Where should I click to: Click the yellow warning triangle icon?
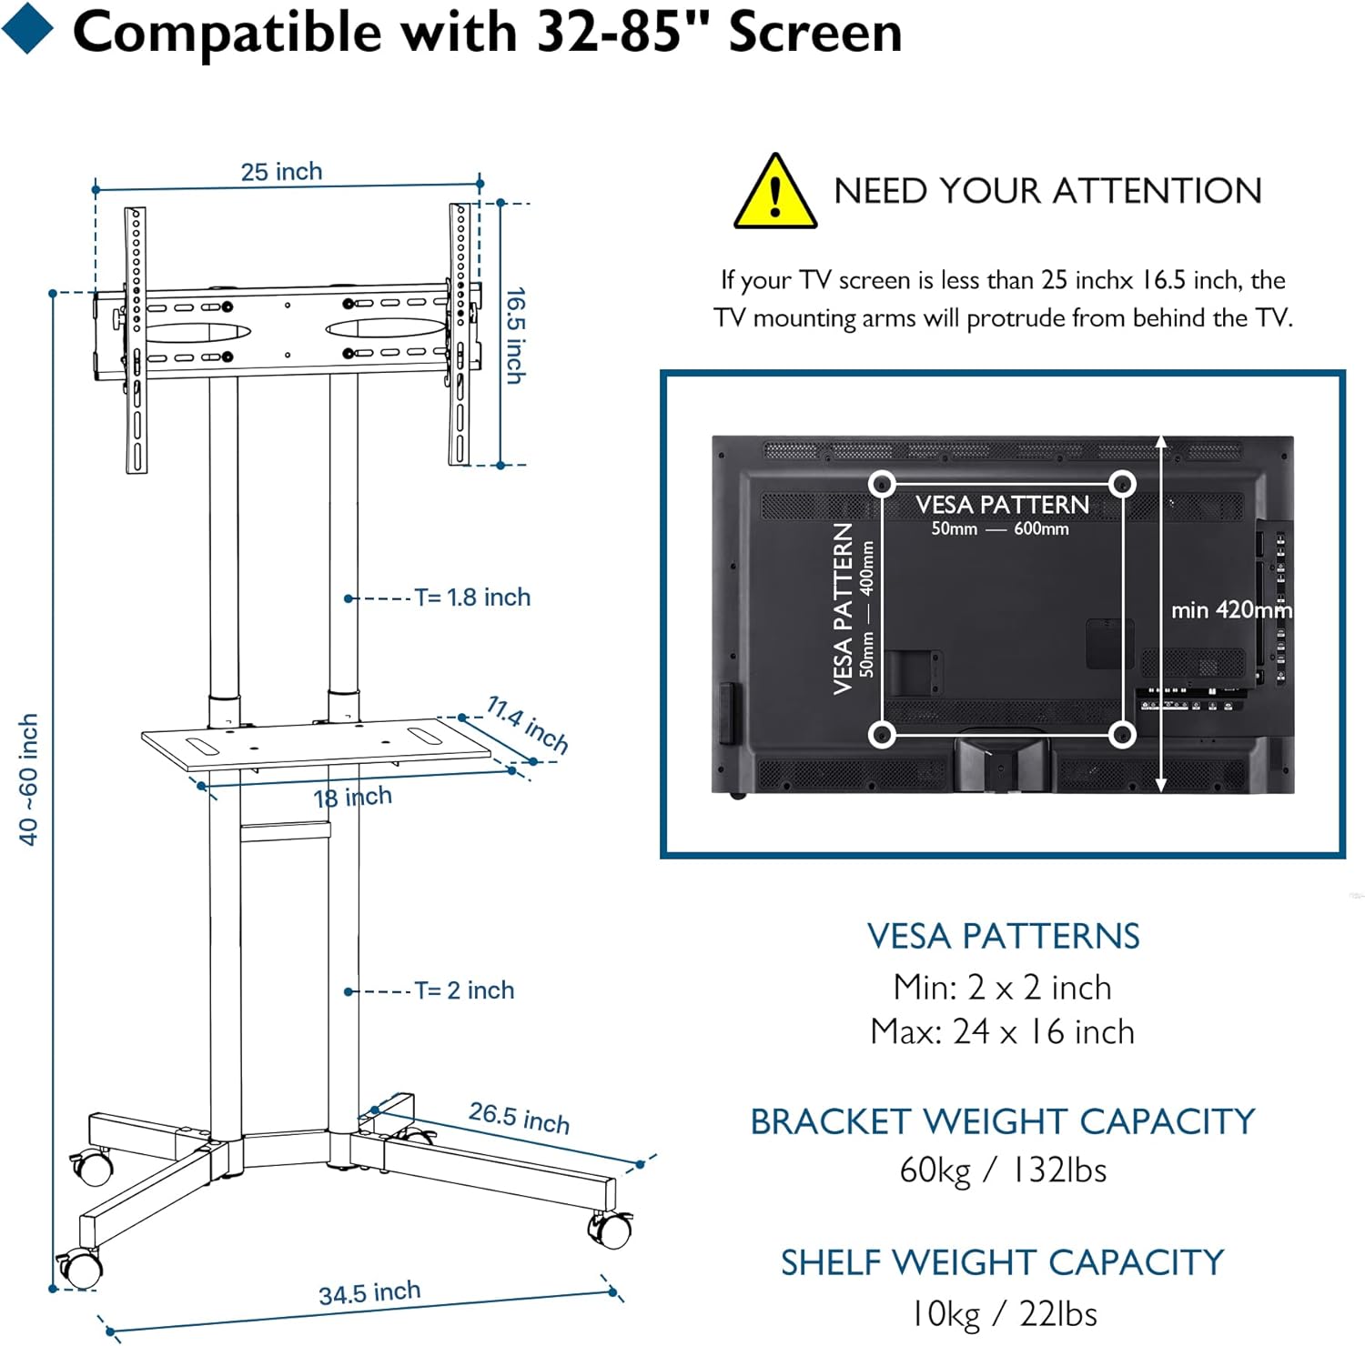774,194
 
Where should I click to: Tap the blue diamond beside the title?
27,29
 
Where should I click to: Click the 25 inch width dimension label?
281,171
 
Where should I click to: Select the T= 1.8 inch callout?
471,598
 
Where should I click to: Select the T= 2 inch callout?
464,990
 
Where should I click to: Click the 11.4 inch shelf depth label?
528,724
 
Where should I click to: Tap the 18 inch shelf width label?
352,798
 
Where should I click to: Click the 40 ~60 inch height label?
28,778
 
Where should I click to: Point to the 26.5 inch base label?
519,1118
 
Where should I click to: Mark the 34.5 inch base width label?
369,1292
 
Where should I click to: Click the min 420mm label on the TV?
1230,609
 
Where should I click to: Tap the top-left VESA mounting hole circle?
881,483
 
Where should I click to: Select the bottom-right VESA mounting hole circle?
1122,734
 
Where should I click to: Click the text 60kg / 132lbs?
1003,1170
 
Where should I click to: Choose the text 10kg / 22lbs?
1003,1314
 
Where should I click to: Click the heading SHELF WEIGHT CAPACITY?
1003,1262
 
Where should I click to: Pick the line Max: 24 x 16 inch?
1003,1032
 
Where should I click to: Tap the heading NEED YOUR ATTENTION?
1047,191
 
